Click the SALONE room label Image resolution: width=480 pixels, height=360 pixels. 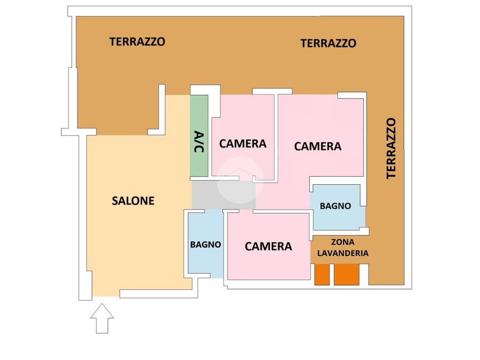(x=133, y=201)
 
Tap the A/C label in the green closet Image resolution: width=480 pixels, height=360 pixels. (x=199, y=142)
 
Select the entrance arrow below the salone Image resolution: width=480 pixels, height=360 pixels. (x=102, y=318)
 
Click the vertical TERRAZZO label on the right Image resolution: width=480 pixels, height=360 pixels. (x=391, y=148)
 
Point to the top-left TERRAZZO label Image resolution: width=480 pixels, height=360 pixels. (x=137, y=41)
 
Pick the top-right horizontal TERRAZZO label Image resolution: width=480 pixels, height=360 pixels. (x=328, y=43)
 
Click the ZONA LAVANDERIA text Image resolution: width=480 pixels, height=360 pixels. (x=343, y=247)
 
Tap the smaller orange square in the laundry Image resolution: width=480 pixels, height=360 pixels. (x=322, y=275)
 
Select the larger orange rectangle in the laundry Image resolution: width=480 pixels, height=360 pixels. (x=346, y=275)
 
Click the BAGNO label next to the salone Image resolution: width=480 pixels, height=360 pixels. (x=205, y=244)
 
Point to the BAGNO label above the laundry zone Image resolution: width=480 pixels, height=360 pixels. (x=335, y=206)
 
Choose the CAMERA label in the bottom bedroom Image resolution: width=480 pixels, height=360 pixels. (x=268, y=246)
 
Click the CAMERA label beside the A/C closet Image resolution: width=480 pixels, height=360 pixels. (x=243, y=143)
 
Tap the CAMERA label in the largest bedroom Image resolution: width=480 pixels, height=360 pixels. (x=318, y=146)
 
